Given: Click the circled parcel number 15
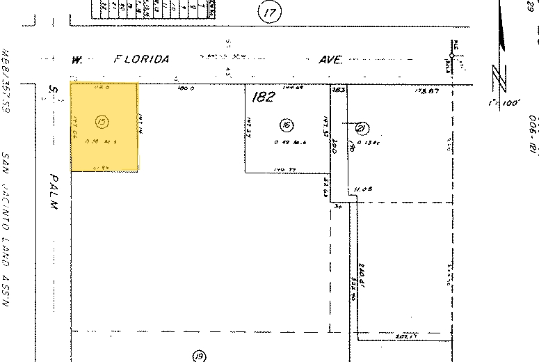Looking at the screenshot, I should point(102,123).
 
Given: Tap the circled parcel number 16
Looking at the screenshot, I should point(285,125).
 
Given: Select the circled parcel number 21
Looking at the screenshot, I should point(362,127).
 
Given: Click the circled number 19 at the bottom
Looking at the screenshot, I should point(200,356).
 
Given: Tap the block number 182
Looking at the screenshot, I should point(265,97).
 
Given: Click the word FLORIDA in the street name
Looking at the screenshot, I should point(142,60).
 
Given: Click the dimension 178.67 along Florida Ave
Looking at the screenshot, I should point(424,90).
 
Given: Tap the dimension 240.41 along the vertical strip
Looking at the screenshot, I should point(363,269).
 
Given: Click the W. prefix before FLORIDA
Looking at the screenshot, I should point(75,60).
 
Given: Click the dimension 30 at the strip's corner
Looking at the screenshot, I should point(339,206).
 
